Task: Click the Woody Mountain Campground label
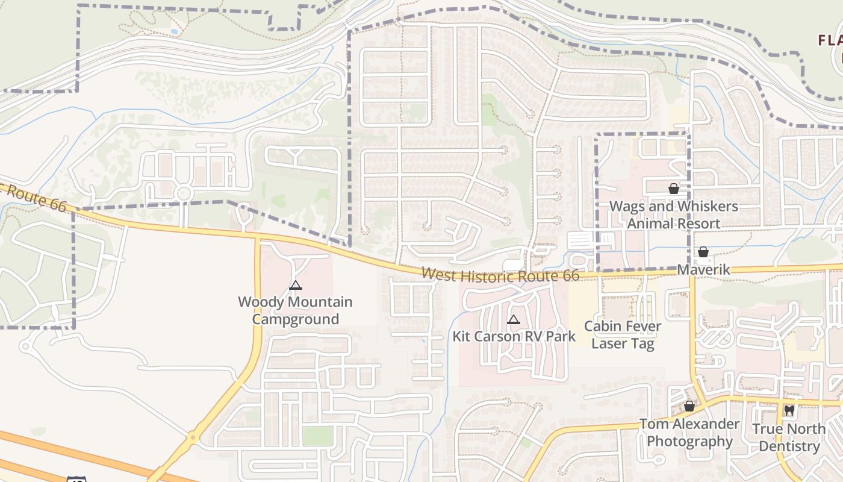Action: pos(295,310)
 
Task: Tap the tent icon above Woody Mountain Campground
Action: pos(295,286)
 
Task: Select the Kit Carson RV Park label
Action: pos(514,336)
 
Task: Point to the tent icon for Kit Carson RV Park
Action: pos(514,320)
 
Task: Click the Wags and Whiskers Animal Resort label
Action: pos(673,214)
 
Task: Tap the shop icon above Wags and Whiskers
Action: pos(673,189)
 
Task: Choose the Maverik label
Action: pos(703,269)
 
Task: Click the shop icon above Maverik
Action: pos(703,252)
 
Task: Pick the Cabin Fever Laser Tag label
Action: pos(623,335)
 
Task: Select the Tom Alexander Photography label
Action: pos(689,433)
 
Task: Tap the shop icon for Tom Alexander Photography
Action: pos(689,407)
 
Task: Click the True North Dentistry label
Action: pos(789,437)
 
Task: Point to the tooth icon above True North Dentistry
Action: pos(789,411)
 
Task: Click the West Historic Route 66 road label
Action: pos(500,275)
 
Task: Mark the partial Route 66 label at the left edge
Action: pos(33,196)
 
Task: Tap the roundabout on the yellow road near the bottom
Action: pos(193,437)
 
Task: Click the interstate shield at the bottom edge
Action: pos(76,479)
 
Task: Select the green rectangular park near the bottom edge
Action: pos(317,436)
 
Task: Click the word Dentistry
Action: pos(789,446)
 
